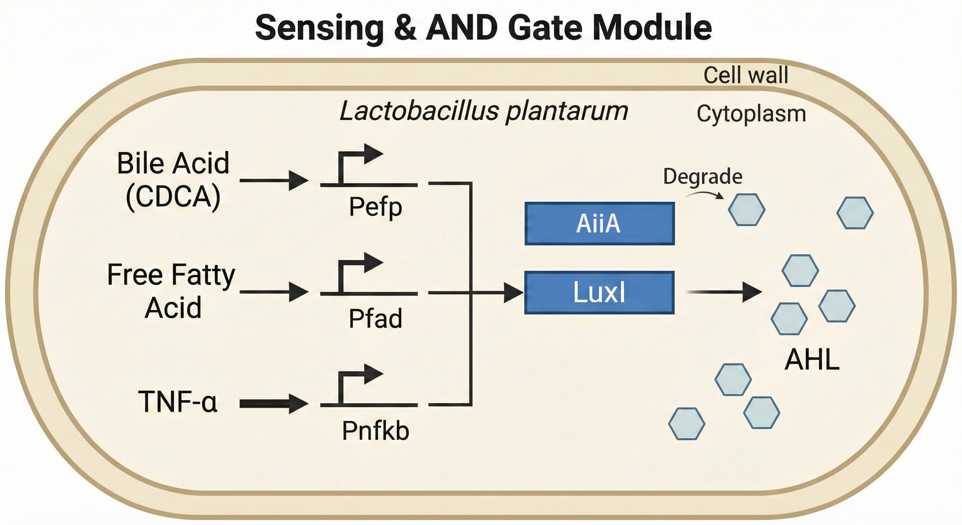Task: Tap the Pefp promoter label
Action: point(375,207)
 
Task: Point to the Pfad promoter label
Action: point(375,319)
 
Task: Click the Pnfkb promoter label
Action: point(375,431)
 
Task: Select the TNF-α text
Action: point(177,402)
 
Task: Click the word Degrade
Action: point(702,176)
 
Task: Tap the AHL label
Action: point(812,360)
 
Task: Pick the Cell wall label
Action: point(745,75)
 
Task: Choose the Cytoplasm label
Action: point(751,113)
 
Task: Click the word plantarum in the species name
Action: point(566,111)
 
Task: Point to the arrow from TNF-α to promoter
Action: point(273,404)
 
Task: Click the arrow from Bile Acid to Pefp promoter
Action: point(273,180)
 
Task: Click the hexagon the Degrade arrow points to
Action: point(746,210)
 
